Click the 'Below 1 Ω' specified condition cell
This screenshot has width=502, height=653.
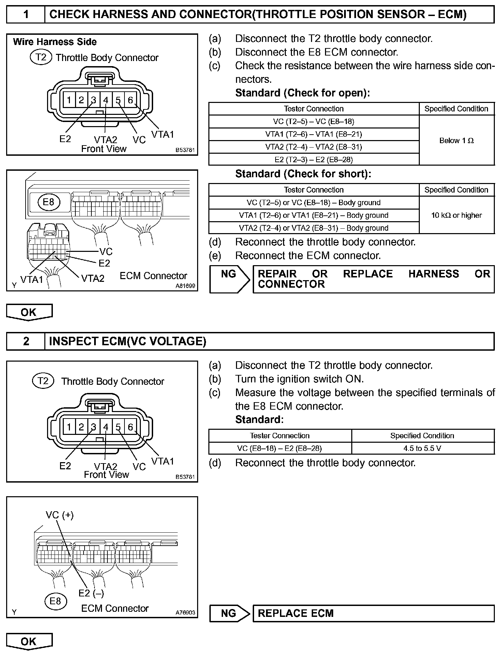[x=456, y=140]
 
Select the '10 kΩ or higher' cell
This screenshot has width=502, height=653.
[x=456, y=215]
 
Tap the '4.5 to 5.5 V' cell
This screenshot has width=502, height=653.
[x=423, y=448]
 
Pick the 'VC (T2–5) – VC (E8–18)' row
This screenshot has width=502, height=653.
[x=313, y=121]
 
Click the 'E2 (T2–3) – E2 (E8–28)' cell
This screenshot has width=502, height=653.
[x=313, y=160]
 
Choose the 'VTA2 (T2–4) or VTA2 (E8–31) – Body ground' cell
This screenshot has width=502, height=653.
[x=313, y=228]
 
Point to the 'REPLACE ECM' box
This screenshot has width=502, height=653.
[x=373, y=613]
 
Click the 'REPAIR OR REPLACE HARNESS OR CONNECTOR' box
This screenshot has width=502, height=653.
[x=373, y=279]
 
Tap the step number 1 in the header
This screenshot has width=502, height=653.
[x=26, y=14]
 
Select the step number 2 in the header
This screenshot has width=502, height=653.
[x=26, y=341]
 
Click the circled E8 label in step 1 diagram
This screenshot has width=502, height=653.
[x=48, y=202]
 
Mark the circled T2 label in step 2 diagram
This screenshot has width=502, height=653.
[x=43, y=380]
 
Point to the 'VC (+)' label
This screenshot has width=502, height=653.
[x=60, y=515]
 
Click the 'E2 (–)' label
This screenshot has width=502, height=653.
[x=91, y=593]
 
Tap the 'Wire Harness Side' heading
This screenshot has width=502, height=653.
[x=55, y=42]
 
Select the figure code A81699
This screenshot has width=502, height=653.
[x=185, y=286]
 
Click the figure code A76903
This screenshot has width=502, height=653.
[x=185, y=612]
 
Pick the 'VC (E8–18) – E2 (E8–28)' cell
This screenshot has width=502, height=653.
[x=279, y=448]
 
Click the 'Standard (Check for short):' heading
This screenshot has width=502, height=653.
[x=303, y=174]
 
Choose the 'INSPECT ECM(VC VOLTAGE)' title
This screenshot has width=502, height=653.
[x=128, y=341]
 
